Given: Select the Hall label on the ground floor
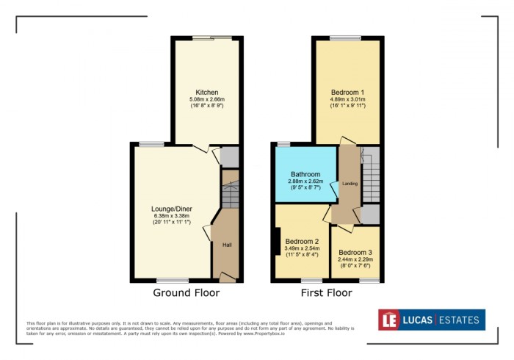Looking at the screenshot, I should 228,244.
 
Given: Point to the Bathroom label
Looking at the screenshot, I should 305,174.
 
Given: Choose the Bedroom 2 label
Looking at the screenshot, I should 302,241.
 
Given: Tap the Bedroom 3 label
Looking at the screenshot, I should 355,252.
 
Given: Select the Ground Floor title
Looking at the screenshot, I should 186,292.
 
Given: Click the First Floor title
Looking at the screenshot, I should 326,292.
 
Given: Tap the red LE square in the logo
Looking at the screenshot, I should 388,320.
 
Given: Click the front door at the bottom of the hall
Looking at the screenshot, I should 228,278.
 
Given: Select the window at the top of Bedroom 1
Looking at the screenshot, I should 345,37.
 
